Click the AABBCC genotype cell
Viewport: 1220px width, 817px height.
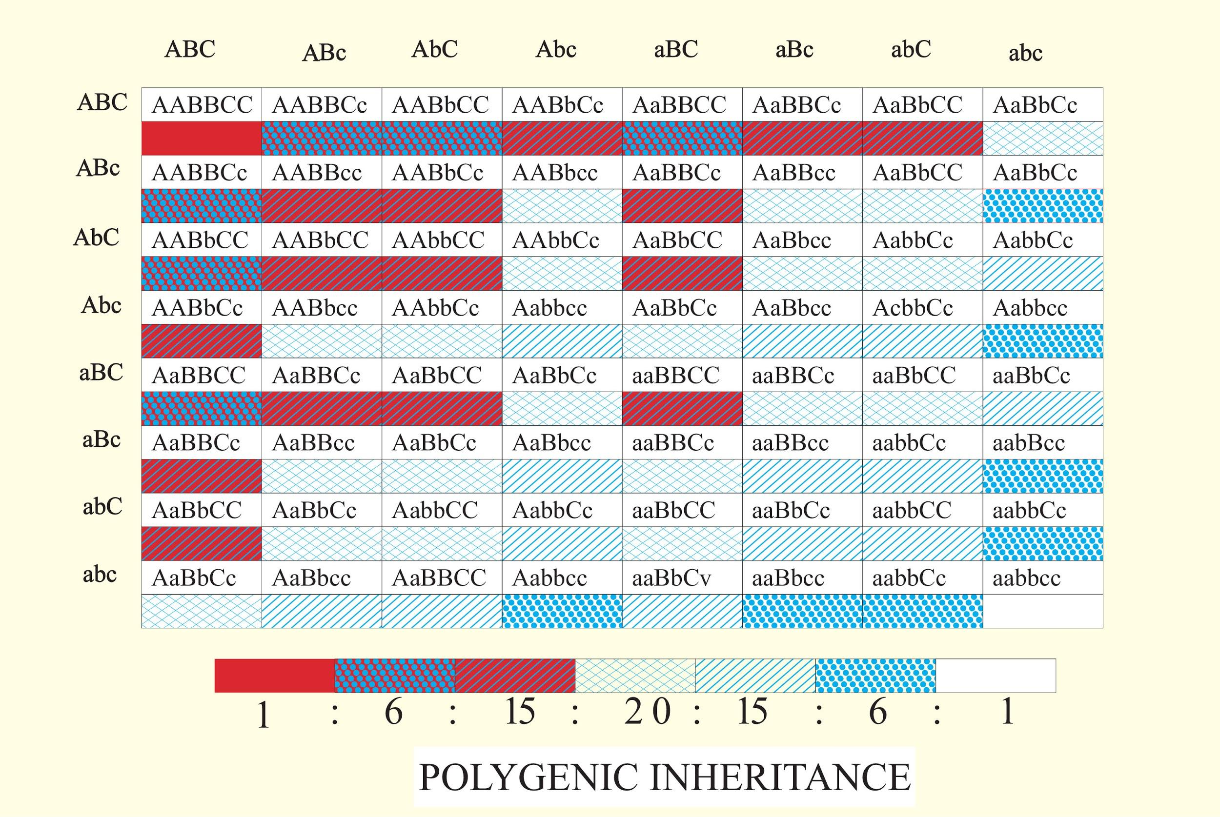tap(202, 105)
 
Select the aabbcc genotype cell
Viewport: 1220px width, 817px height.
tap(1026, 578)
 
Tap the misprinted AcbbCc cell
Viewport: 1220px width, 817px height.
tap(913, 308)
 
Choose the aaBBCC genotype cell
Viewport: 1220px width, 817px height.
tap(675, 375)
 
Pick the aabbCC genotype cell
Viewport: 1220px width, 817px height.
tap(912, 510)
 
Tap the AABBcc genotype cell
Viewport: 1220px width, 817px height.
tap(317, 173)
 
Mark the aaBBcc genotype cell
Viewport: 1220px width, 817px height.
tap(790, 443)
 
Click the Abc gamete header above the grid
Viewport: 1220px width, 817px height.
tap(556, 49)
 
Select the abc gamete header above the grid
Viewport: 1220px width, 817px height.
tap(1025, 53)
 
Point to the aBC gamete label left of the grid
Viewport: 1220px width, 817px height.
tap(101, 373)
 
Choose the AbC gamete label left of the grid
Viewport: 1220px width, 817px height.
tap(97, 238)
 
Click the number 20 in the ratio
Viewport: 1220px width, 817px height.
tap(647, 712)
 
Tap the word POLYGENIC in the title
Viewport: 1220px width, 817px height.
tap(529, 777)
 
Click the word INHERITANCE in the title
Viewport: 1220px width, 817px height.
tap(781, 777)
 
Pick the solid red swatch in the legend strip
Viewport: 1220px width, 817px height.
tap(275, 676)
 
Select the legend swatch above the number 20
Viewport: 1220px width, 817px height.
tap(635, 676)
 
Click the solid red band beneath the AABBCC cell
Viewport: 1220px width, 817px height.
tap(202, 139)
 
